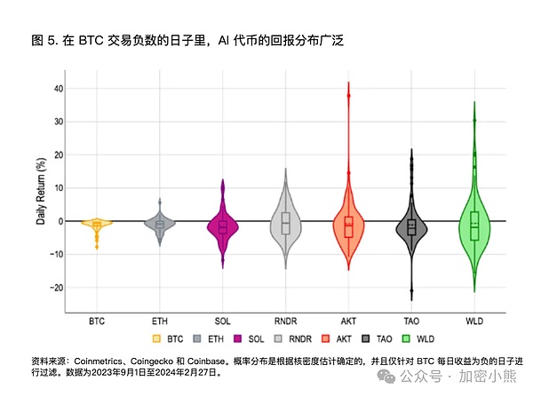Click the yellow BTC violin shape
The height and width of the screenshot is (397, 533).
pos(97,224)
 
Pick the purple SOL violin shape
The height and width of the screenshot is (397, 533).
pos(223,226)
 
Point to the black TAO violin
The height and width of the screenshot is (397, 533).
pos(411,227)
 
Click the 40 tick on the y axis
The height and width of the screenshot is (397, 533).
pos(58,89)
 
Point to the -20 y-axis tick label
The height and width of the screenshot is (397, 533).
pos(56,288)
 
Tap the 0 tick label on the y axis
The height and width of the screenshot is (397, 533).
pos(60,221)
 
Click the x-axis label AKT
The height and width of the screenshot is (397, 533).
pos(348,320)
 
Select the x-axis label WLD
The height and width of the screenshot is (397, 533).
pos(474,320)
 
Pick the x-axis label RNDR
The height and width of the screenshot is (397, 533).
pos(285,320)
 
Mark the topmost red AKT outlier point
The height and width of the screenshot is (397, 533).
pos(348,96)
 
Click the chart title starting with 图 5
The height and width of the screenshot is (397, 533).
pos(187,41)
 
